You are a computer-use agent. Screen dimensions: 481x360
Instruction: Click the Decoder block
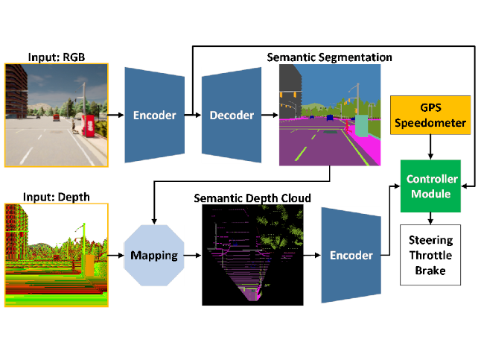[232, 115]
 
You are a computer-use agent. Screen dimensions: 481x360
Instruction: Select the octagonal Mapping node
[154, 255]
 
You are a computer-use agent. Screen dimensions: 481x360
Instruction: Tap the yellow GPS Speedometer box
[430, 116]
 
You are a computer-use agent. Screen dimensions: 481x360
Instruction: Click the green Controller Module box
[430, 186]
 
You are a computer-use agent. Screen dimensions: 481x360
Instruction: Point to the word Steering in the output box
[430, 240]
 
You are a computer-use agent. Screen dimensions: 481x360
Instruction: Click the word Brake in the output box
[430, 271]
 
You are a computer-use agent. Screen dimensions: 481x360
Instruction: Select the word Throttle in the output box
[430, 255]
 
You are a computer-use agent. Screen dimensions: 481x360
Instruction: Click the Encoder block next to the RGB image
[155, 115]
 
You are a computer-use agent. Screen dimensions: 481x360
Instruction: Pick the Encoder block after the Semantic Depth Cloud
[351, 255]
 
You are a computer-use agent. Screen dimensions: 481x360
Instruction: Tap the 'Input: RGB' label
[57, 57]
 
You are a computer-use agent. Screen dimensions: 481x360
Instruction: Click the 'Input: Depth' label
[57, 198]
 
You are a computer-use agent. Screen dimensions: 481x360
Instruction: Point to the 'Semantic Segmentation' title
[329, 57]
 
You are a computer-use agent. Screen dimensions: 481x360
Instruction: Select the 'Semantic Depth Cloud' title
[252, 198]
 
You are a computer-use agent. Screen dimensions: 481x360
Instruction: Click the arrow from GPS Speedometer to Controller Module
[430, 147]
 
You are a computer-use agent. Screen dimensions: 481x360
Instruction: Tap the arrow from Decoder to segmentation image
[270, 115]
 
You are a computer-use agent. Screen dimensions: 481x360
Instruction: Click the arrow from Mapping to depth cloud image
[193, 255]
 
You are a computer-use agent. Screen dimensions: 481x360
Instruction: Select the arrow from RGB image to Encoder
[116, 115]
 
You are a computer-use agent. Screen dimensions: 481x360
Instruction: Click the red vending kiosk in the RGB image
[89, 126]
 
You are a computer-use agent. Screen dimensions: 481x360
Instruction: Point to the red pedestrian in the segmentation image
[347, 126]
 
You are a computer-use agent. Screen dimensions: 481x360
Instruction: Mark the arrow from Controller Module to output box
[430, 218]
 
